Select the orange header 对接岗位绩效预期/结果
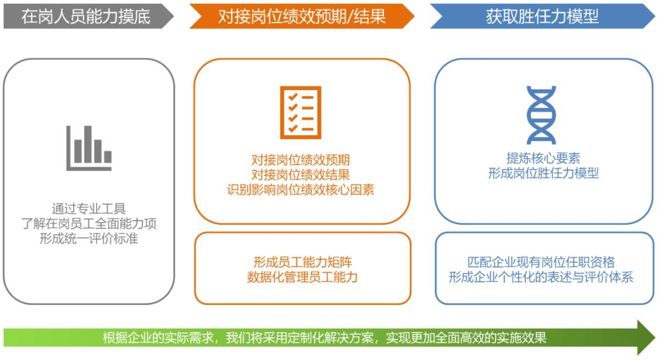point(302,16)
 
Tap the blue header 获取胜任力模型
point(542,16)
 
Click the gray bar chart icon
point(89,148)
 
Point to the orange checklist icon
point(300,113)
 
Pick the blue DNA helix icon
point(541,115)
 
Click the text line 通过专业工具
point(89,209)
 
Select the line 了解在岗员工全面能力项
point(89,224)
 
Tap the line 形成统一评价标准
point(89,239)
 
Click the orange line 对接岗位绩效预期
point(300,160)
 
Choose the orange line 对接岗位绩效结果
point(300,175)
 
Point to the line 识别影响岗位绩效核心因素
point(300,190)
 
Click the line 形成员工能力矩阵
point(302,262)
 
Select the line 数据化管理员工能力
point(302,277)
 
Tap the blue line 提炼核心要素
point(543,158)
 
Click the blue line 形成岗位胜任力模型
point(543,173)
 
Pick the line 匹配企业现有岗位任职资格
point(541,262)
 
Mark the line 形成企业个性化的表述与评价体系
point(541,277)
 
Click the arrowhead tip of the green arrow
point(655,337)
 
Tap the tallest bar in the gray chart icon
point(88,144)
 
